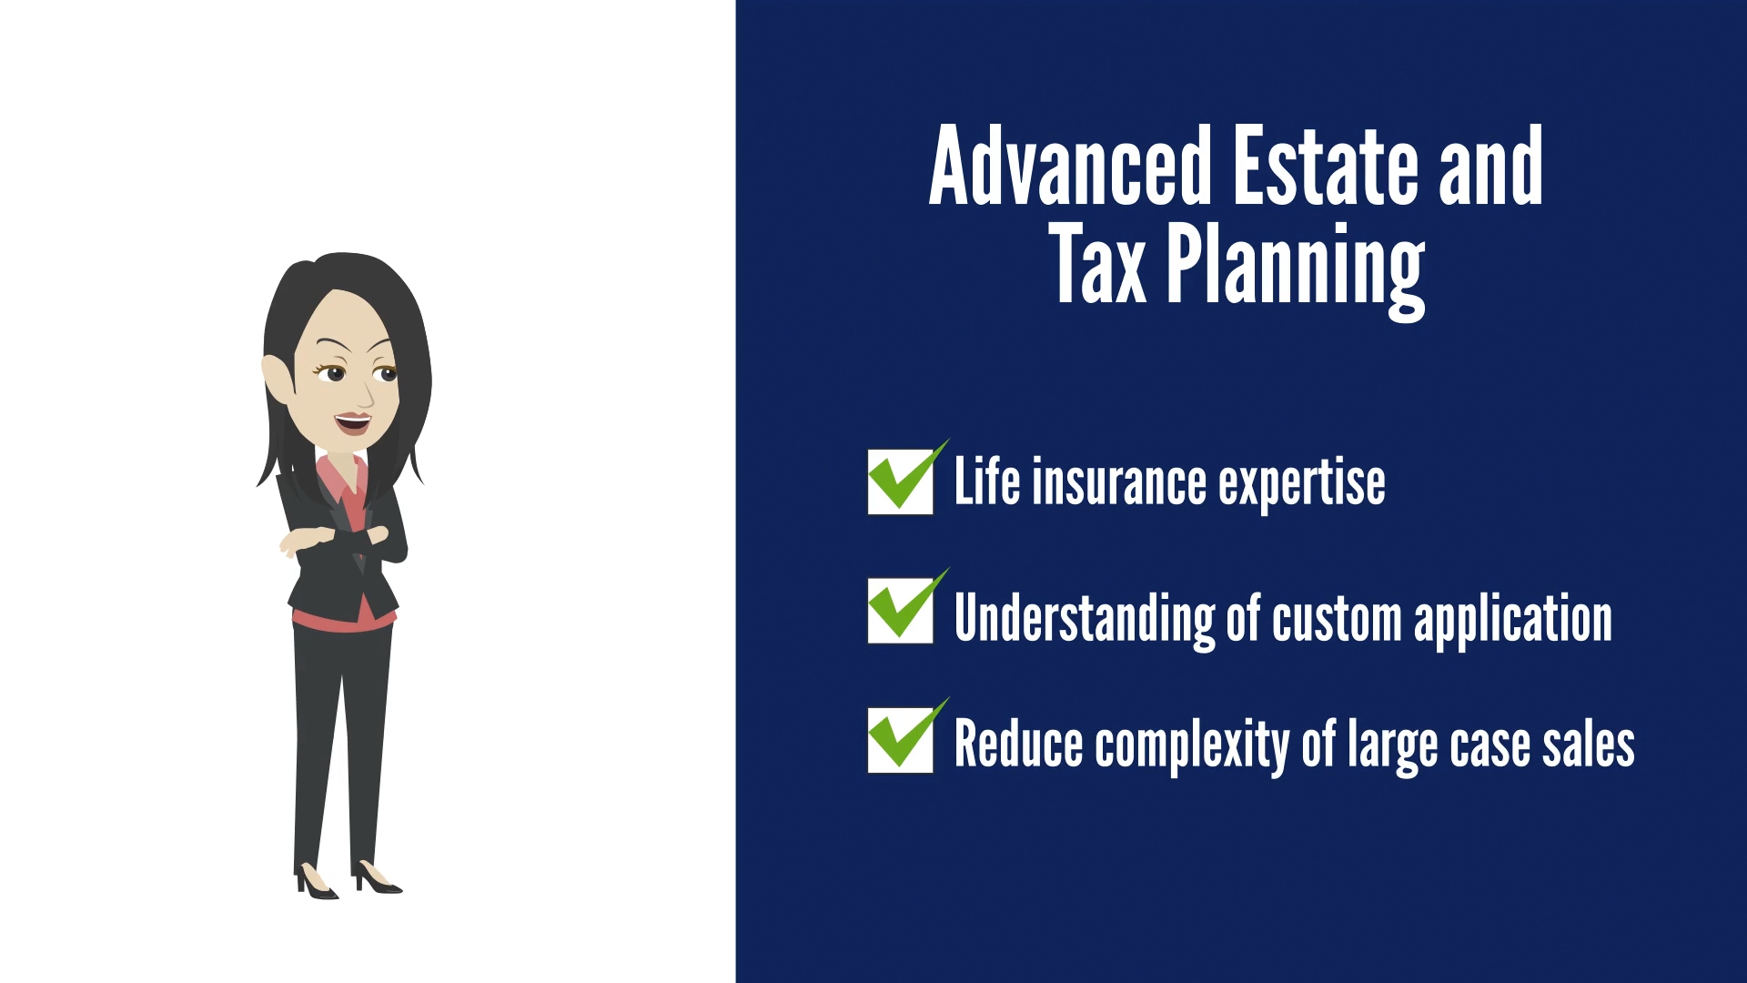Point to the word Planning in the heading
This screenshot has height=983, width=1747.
[1296, 270]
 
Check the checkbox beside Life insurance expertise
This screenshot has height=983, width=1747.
[901, 481]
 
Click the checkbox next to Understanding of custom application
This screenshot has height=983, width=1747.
[901, 611]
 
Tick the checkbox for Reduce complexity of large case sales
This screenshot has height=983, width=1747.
[901, 740]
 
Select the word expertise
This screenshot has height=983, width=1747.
[1302, 484]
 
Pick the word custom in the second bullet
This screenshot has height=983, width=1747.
[1337, 619]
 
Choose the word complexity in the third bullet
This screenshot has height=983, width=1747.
[1192, 746]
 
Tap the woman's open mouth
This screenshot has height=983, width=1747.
[353, 423]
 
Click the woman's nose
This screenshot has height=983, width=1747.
[366, 394]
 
